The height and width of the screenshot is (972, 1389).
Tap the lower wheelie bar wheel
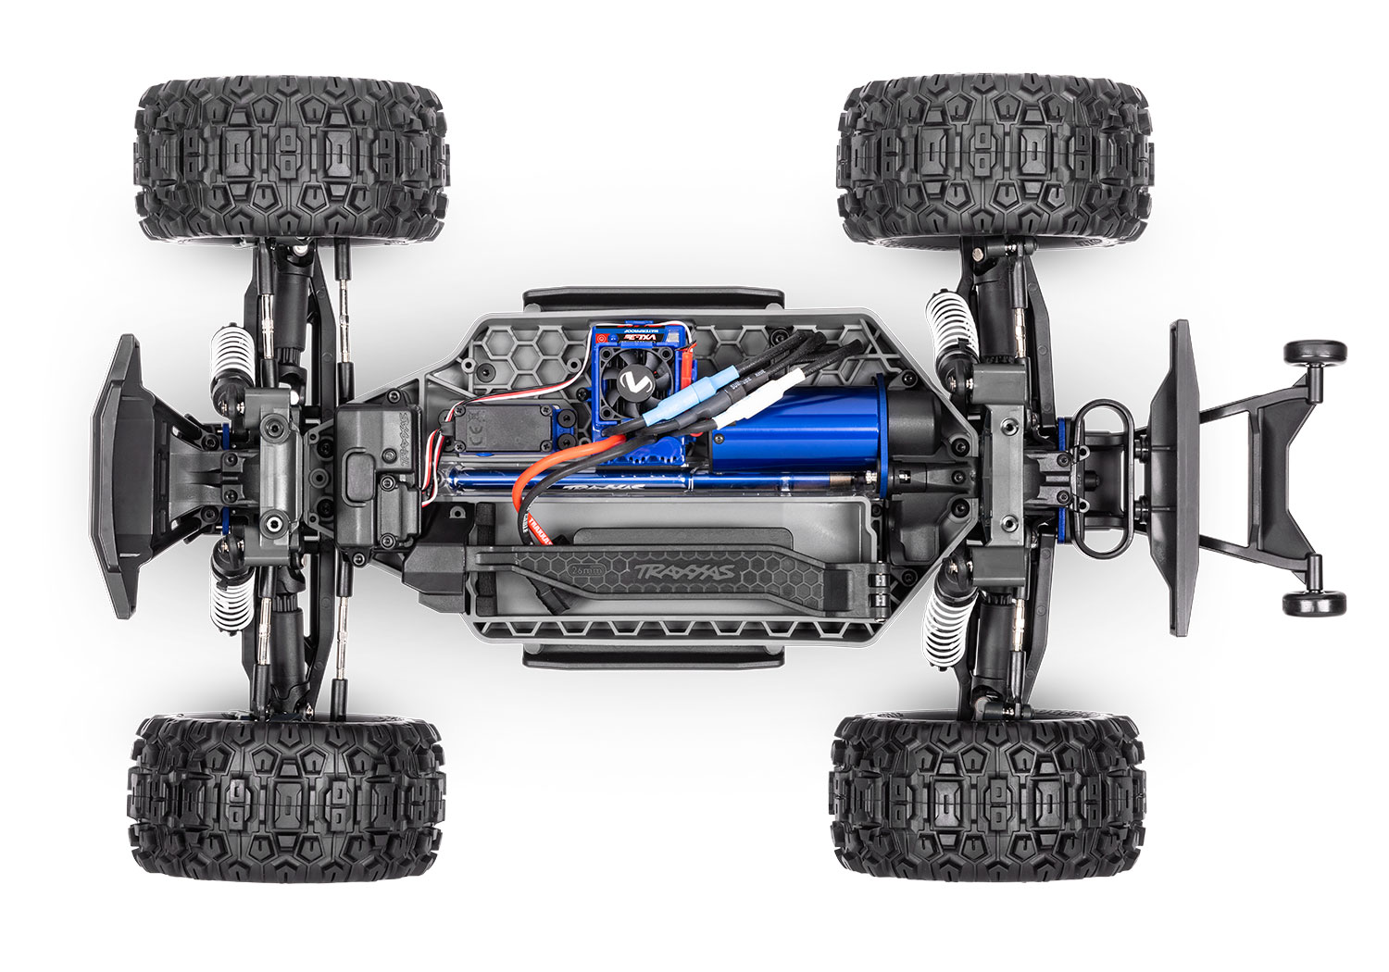click(x=1314, y=603)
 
